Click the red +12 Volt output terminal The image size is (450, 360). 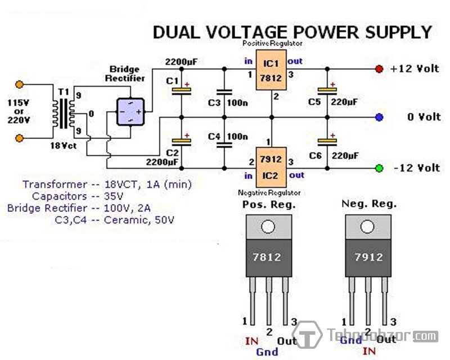pyautogui.click(x=379, y=69)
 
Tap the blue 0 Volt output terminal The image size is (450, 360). pyautogui.click(x=379, y=118)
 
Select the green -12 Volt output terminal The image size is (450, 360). pyautogui.click(x=379, y=168)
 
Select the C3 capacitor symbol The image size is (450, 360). pyautogui.click(x=224, y=92)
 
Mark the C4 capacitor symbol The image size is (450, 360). pyautogui.click(x=224, y=142)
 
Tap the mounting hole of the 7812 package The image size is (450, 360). pyautogui.click(x=268, y=227)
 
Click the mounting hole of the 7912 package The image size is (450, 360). pyautogui.click(x=368, y=227)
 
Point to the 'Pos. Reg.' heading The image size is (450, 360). pyautogui.click(x=268, y=204)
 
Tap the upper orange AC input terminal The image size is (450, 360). pyautogui.click(x=20, y=84)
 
